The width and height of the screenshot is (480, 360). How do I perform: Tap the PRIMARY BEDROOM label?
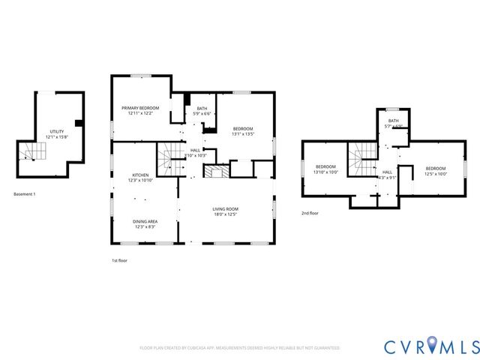pos(140,108)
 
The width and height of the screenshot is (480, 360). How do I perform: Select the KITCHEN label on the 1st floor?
pos(140,175)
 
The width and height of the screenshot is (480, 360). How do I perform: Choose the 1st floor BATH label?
pos(202,109)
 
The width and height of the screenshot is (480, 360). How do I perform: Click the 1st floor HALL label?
pos(195,150)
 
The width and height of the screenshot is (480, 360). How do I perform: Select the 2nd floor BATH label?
pos(393,121)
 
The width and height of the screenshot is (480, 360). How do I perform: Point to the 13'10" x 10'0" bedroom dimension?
pos(325,172)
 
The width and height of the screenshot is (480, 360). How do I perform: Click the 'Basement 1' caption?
pos(25,194)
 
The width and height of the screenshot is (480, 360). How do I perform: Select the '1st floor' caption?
pos(119,260)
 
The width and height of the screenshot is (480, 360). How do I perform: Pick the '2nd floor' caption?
pos(310,213)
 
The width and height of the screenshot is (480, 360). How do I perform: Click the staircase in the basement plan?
pos(34,153)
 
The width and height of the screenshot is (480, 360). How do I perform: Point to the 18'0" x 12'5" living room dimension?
pos(225,215)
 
